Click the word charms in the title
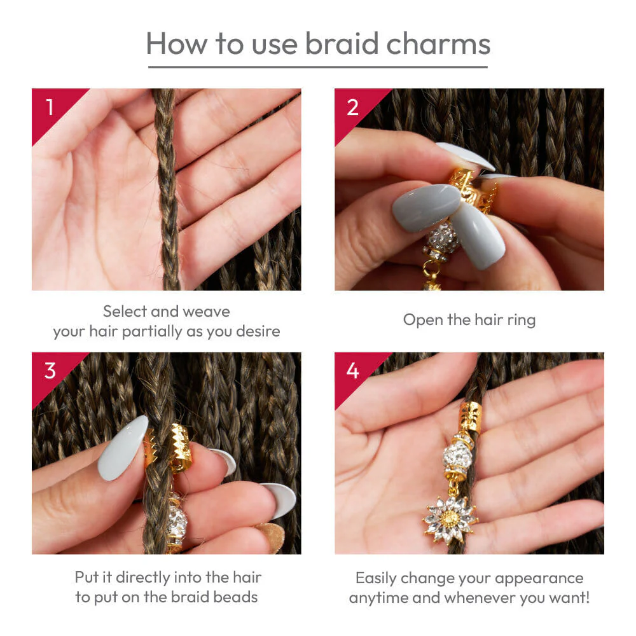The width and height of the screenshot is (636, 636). pos(438,43)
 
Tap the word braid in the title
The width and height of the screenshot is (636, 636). pos(342,43)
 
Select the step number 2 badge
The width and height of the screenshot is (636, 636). pos(352,107)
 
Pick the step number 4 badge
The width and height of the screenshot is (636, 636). pos(352,371)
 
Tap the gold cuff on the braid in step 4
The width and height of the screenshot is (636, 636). pos(470,417)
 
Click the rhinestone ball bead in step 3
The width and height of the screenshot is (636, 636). pos(176,521)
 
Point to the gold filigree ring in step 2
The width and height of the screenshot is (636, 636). pos(473,190)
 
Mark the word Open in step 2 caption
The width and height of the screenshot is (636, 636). pos(423,321)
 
